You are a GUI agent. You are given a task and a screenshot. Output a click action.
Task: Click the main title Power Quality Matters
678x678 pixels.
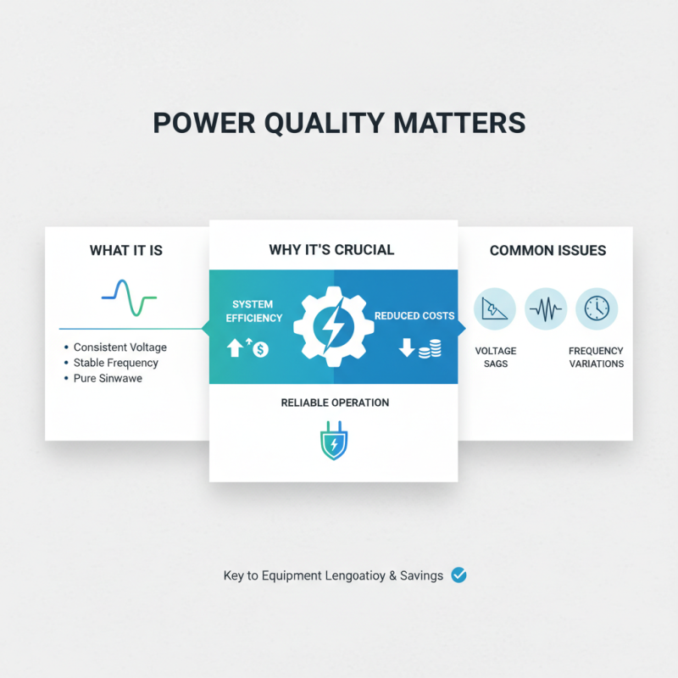click(x=339, y=122)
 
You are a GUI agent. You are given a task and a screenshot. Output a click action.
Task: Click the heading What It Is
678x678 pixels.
click(x=125, y=250)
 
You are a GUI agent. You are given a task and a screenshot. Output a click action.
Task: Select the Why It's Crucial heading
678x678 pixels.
click(x=331, y=249)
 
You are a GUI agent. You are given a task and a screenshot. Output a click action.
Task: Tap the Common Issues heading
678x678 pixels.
click(x=547, y=250)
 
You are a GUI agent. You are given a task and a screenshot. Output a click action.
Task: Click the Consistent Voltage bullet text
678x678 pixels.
click(x=119, y=347)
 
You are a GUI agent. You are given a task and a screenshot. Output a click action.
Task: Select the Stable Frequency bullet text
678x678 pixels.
click(x=115, y=363)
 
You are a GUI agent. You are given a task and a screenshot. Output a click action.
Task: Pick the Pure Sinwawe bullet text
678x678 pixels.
click(x=108, y=378)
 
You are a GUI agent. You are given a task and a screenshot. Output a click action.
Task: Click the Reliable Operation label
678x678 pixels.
click(x=335, y=403)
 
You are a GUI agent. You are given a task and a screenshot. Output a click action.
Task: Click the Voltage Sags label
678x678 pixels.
click(x=495, y=357)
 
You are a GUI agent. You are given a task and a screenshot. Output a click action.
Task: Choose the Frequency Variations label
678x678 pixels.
click(x=596, y=357)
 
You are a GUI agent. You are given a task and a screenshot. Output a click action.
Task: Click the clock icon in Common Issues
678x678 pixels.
click(x=597, y=309)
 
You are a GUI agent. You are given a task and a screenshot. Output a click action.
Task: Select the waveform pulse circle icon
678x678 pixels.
click(x=546, y=309)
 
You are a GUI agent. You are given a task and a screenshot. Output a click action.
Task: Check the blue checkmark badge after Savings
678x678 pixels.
click(x=459, y=575)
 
